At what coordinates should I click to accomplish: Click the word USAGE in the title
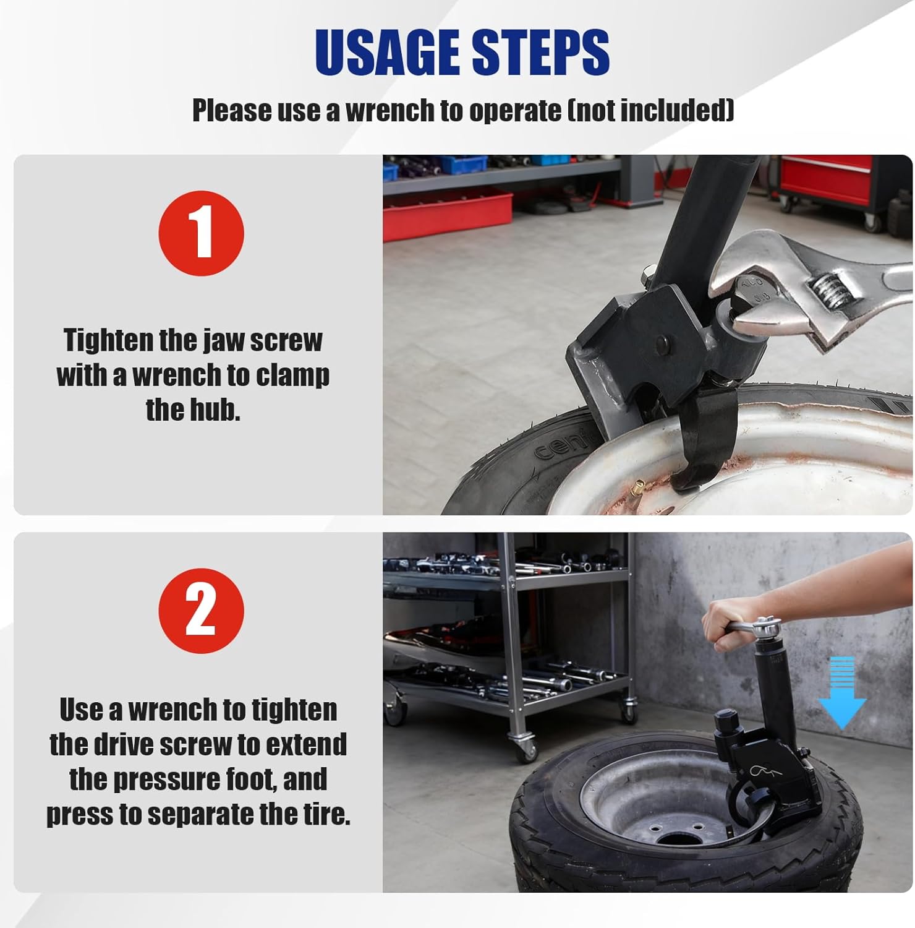(x=388, y=52)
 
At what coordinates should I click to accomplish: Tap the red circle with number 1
(x=201, y=233)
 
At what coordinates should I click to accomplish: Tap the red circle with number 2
(x=201, y=611)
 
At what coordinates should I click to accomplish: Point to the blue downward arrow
(x=841, y=693)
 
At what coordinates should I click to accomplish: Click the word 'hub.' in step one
(x=193, y=410)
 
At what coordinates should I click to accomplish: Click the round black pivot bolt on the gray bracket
(x=663, y=343)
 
